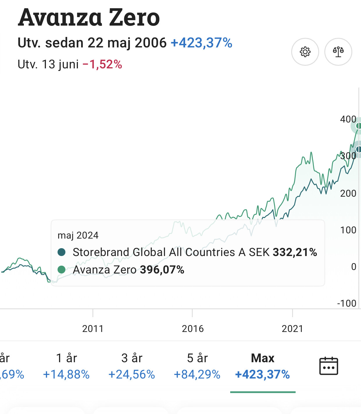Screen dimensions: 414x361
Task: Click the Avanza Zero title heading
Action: (89, 17)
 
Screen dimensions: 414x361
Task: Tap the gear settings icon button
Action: (305, 52)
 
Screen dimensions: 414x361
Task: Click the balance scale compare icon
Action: (338, 52)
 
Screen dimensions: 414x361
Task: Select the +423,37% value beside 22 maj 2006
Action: (201, 43)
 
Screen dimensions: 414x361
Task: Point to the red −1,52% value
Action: (102, 64)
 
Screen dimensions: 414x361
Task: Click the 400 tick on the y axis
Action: (348, 119)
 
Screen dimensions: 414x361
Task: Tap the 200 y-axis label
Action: (348, 193)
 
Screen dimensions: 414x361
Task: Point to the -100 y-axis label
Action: (346, 303)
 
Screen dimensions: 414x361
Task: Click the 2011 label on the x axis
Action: (93, 329)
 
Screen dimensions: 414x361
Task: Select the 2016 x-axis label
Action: (193, 329)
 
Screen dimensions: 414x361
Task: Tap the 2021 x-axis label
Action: (292, 329)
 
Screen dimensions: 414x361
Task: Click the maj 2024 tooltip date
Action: (78, 235)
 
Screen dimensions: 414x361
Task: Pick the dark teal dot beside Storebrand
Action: (62, 252)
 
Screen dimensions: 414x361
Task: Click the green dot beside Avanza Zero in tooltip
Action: (62, 270)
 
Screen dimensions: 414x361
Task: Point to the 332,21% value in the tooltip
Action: (295, 252)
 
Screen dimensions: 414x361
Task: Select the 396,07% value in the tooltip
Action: (162, 270)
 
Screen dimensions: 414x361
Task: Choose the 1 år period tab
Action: (66, 366)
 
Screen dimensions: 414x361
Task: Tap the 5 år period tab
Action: (197, 366)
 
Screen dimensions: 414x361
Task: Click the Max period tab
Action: (262, 366)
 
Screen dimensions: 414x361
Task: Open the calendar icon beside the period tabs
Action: (328, 366)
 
